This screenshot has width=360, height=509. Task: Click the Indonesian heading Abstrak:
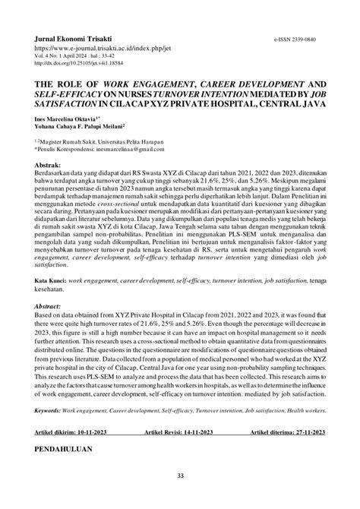(x=49, y=185)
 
